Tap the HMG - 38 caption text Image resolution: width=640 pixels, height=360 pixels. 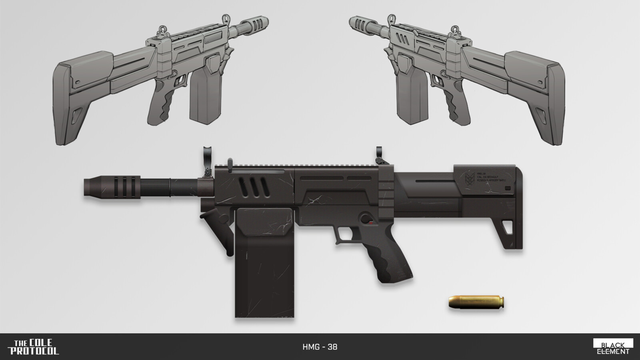320,347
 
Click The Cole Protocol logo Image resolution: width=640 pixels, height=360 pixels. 36,347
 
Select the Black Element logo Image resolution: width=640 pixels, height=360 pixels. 613,347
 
